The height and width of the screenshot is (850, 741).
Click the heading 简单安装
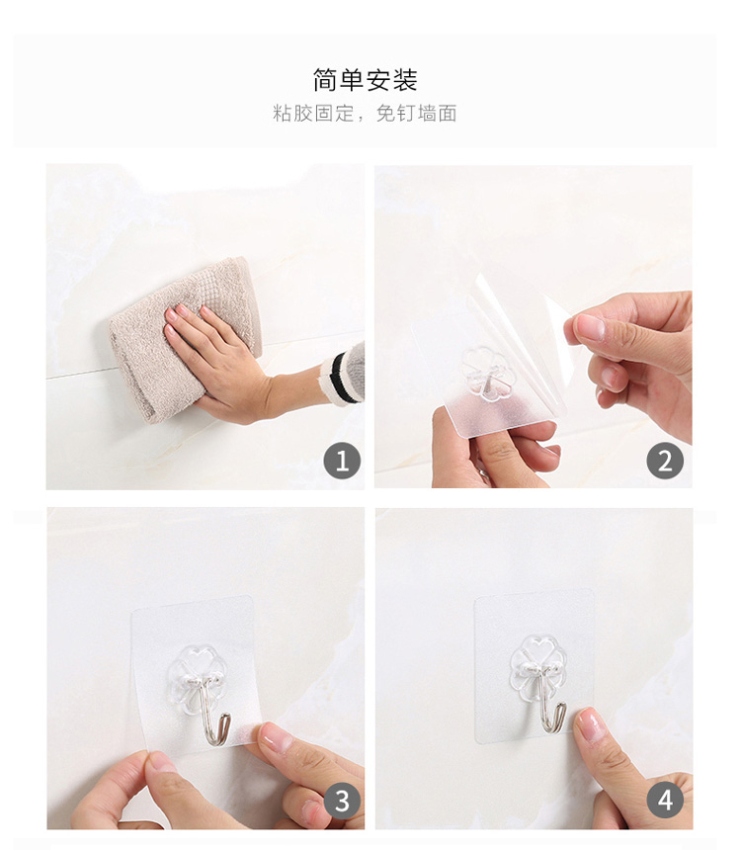pyautogui.click(x=365, y=80)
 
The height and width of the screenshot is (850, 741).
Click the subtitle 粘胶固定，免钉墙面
pyautogui.click(x=365, y=114)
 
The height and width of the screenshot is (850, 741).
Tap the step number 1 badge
pyautogui.click(x=342, y=461)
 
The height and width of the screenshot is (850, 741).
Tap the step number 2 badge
pyautogui.click(x=665, y=461)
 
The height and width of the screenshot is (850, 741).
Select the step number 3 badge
pyautogui.click(x=342, y=801)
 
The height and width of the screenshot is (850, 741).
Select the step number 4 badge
pyautogui.click(x=665, y=801)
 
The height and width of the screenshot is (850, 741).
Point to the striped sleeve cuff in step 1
pyautogui.click(x=343, y=373)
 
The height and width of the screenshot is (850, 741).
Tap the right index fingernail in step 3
pyautogui.click(x=277, y=737)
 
